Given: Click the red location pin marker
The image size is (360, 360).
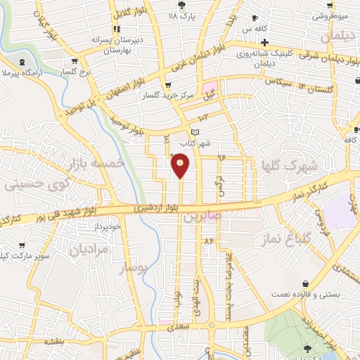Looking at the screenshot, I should click(181, 165).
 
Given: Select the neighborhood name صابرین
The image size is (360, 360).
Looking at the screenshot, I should click(203, 217).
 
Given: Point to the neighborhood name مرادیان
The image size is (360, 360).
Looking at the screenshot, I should click(90, 248).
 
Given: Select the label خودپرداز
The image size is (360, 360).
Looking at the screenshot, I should click(110, 227).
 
